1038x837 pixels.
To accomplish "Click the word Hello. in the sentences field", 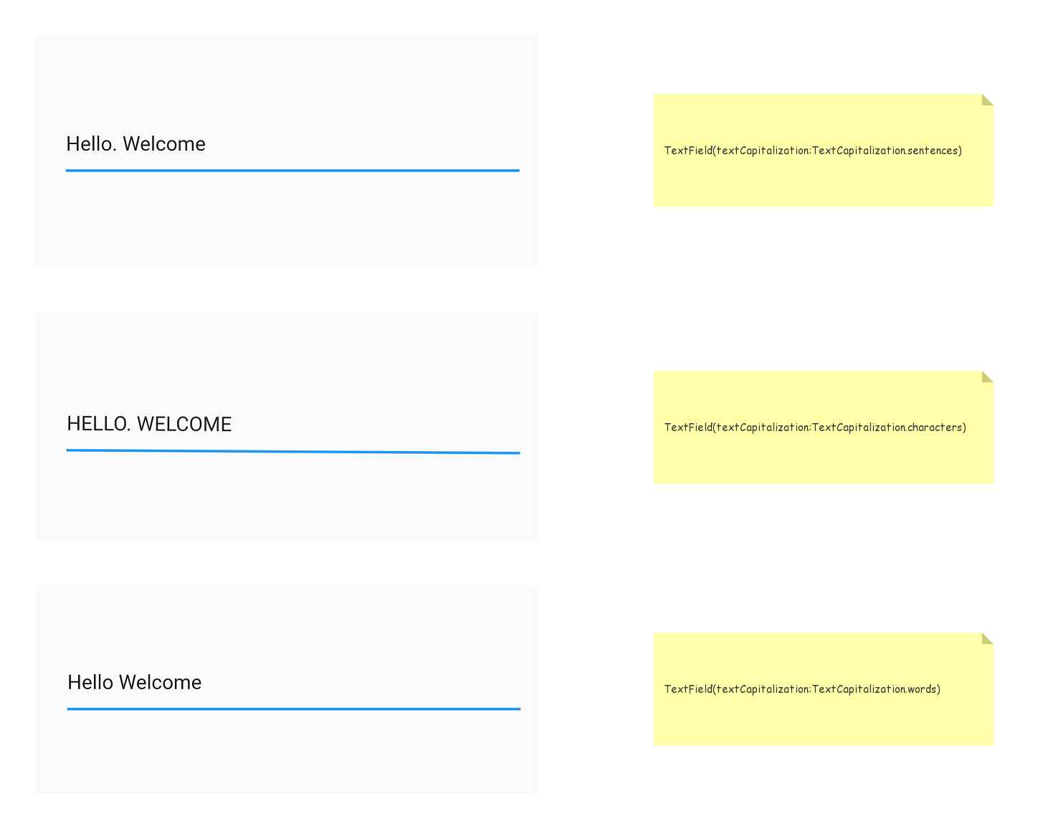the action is tap(91, 144).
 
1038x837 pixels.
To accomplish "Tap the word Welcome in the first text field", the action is tap(164, 144).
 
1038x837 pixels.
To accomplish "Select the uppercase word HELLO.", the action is tap(99, 424).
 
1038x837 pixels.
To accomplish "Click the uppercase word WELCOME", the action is tap(184, 424).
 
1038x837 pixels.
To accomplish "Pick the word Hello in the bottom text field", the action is tap(90, 682).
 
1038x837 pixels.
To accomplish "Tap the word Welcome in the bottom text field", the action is tap(160, 682).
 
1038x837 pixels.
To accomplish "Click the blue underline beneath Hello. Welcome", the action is tap(292, 171).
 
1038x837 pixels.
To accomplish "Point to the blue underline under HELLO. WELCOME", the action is tap(293, 451).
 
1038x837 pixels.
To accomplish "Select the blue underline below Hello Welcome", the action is tap(294, 709).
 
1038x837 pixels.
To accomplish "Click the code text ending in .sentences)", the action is tap(813, 151).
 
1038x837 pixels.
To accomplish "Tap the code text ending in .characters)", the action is tap(815, 427).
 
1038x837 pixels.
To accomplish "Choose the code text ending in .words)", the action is tap(803, 689).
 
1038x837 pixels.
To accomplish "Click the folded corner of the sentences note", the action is tap(986, 99).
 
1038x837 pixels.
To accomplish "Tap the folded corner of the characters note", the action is tap(986, 376).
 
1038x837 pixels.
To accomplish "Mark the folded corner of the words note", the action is tap(986, 638).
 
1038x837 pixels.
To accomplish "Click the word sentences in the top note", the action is tap(933, 151).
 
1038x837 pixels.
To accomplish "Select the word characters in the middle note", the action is tap(935, 427).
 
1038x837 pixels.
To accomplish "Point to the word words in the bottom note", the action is tap(922, 689).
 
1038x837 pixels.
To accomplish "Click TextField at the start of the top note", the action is tap(688, 151).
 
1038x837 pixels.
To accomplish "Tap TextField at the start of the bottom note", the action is tap(688, 689).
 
